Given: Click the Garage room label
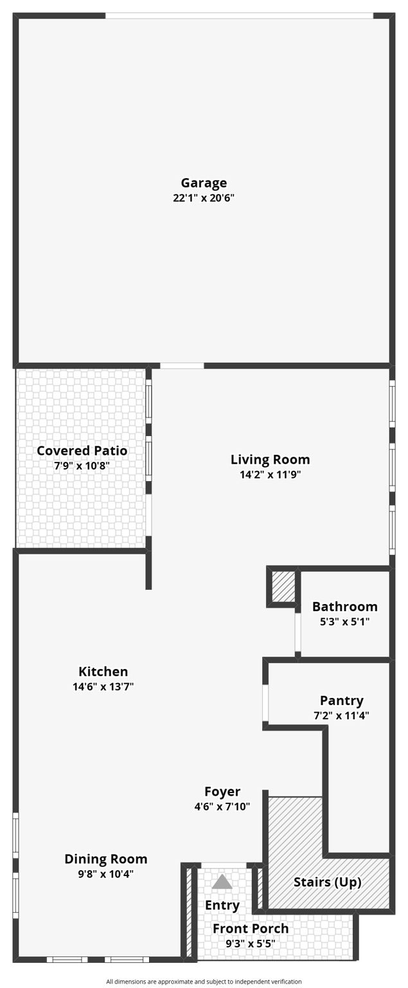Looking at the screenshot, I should coord(204,183).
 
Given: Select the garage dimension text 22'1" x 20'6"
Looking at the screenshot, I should coord(204,198).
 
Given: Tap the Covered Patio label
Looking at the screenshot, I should coord(82,450).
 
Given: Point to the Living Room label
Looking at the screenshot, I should coord(270,459).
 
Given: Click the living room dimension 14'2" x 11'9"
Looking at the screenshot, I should coord(270,475).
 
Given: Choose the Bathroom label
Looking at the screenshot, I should coord(344,607).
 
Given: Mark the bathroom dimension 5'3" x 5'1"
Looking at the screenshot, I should coord(344,621).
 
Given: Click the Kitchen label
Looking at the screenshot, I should coord(103,672).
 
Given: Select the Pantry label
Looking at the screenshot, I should coord(341,700).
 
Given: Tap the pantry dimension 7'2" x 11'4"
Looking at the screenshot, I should coord(341,715).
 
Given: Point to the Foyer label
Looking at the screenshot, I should coord(222,792).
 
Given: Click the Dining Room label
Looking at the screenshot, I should coord(105,859).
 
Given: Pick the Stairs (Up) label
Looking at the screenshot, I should coord(327,882).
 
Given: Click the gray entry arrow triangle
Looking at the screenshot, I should coord(222,882).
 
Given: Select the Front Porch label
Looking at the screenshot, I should coord(251,929).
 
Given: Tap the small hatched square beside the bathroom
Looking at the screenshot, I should coord(283,586).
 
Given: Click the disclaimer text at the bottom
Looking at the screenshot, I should coord(204,982).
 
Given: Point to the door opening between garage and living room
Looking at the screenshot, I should coord(182,366).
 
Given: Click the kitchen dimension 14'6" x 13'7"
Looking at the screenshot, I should coord(103,686).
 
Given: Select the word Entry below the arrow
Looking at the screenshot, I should coord(222,905).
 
